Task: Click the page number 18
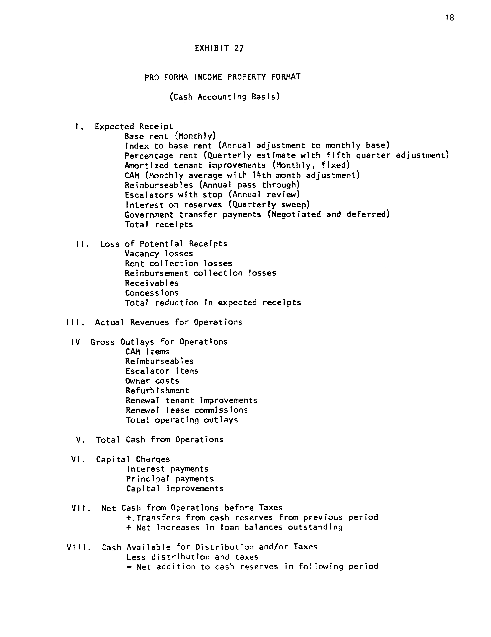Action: click(x=450, y=18)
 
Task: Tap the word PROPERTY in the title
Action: click(x=247, y=77)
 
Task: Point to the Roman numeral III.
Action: click(x=75, y=322)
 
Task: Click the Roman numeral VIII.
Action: click(x=78, y=547)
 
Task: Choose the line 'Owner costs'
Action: click(x=152, y=381)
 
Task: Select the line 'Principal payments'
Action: click(x=170, y=479)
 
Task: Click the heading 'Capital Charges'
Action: click(x=133, y=459)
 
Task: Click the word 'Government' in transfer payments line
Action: click(x=149, y=215)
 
